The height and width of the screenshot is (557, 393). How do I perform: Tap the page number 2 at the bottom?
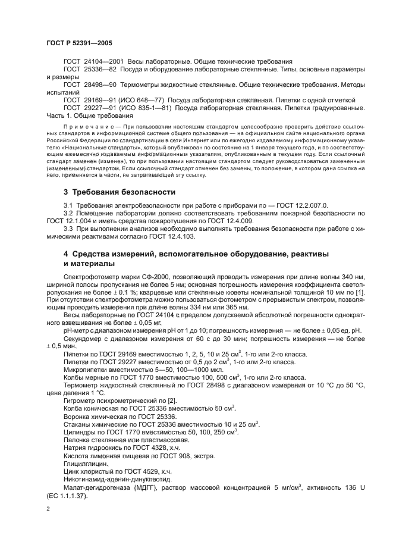pyautogui.click(x=48, y=509)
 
